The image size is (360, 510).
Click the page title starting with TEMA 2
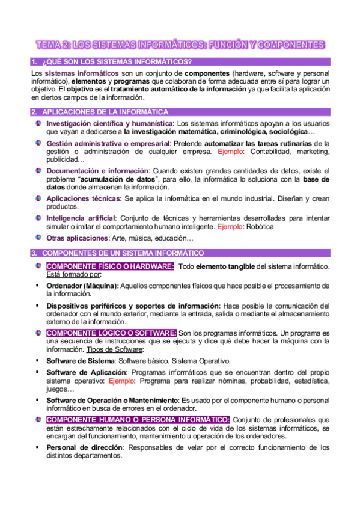click(180, 45)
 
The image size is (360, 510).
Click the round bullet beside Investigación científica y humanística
click(38, 123)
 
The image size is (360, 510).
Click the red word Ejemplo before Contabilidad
click(227, 153)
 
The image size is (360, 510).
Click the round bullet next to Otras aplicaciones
click(38, 238)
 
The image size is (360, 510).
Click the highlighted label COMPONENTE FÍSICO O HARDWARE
click(111, 266)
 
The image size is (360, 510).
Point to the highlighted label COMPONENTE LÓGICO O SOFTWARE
click(111, 333)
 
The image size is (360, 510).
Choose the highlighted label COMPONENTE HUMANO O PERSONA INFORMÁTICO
click(138, 419)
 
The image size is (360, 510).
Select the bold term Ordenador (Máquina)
click(82, 286)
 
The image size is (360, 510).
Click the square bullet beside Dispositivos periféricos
click(37, 306)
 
